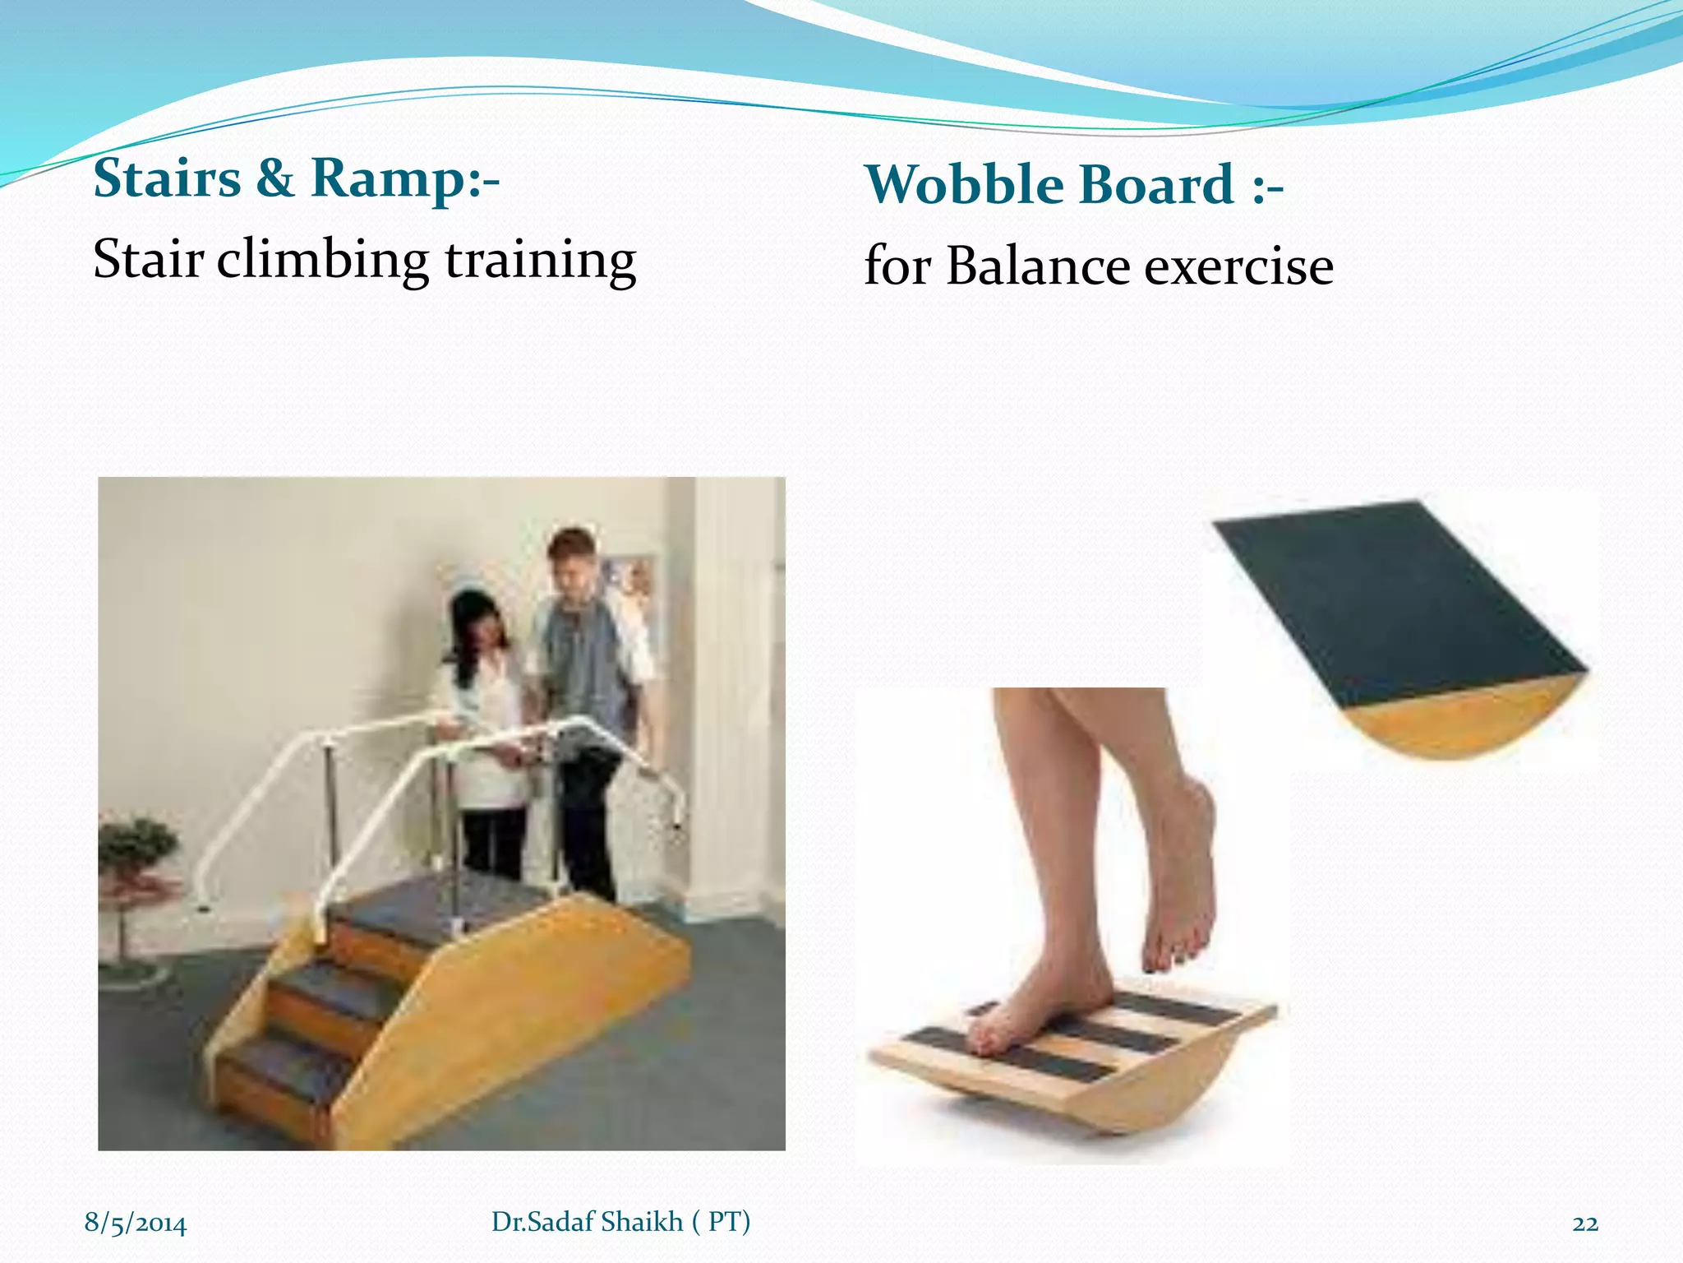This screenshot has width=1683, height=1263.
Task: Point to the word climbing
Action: (x=322, y=260)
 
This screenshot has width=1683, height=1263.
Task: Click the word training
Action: (x=540, y=260)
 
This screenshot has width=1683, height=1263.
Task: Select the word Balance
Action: (x=1037, y=266)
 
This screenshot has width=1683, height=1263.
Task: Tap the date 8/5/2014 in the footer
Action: (x=136, y=1223)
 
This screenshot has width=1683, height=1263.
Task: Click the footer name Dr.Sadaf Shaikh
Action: (x=587, y=1221)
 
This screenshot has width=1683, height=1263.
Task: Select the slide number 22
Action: (x=1584, y=1224)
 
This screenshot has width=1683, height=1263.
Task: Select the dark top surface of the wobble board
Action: (x=1397, y=600)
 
